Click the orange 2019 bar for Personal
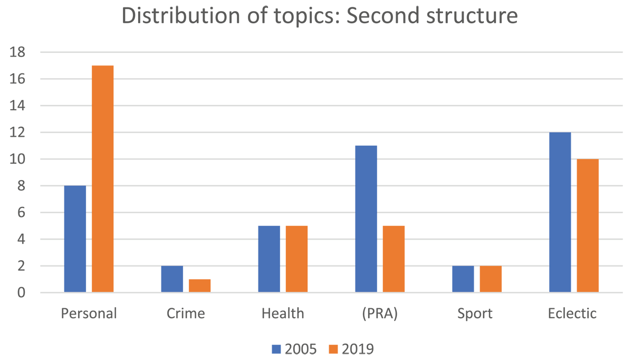pyautogui.click(x=102, y=179)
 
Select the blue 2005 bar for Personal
pyautogui.click(x=75, y=239)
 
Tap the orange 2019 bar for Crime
pyautogui.click(x=199, y=286)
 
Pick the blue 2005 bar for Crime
pyautogui.click(x=172, y=279)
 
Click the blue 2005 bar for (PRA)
pyautogui.click(x=366, y=219)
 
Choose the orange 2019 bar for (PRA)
pyautogui.click(x=394, y=259)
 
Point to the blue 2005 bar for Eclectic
pyautogui.click(x=560, y=212)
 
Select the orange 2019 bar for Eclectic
pyautogui.click(x=588, y=226)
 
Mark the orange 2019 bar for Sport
pyautogui.click(x=491, y=279)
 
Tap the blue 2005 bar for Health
pyautogui.click(x=269, y=259)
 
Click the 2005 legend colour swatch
pyautogui.click(x=276, y=349)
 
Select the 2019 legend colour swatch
pyautogui.click(x=333, y=349)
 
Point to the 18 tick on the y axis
pyautogui.click(x=17, y=52)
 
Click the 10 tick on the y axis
pyautogui.click(x=17, y=159)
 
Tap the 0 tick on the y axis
pyautogui.click(x=21, y=292)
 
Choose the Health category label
pyautogui.click(x=283, y=314)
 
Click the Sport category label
pyautogui.click(x=475, y=314)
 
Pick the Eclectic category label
pyautogui.click(x=572, y=314)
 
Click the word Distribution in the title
pyautogui.click(x=181, y=15)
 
